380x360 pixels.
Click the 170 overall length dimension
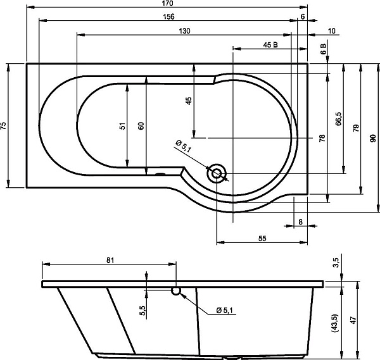(167, 3)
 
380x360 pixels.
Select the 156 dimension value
(168, 16)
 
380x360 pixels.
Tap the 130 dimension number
(185, 31)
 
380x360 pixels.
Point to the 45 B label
(270, 45)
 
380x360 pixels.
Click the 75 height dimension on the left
(3, 125)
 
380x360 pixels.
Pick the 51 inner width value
(123, 126)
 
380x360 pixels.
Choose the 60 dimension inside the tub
(141, 126)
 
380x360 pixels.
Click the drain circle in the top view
(217, 173)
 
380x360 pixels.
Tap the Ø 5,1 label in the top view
(183, 146)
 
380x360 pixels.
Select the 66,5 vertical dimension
(339, 118)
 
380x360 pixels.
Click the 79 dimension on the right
(356, 128)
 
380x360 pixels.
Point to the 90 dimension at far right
(374, 138)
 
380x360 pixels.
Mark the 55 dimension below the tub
(262, 239)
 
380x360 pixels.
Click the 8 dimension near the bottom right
(300, 222)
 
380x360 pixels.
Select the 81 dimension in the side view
(110, 260)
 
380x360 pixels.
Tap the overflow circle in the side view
(176, 291)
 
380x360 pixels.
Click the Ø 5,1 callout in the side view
(224, 311)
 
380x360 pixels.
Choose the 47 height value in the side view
(354, 320)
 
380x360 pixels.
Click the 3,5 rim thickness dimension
(336, 263)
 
